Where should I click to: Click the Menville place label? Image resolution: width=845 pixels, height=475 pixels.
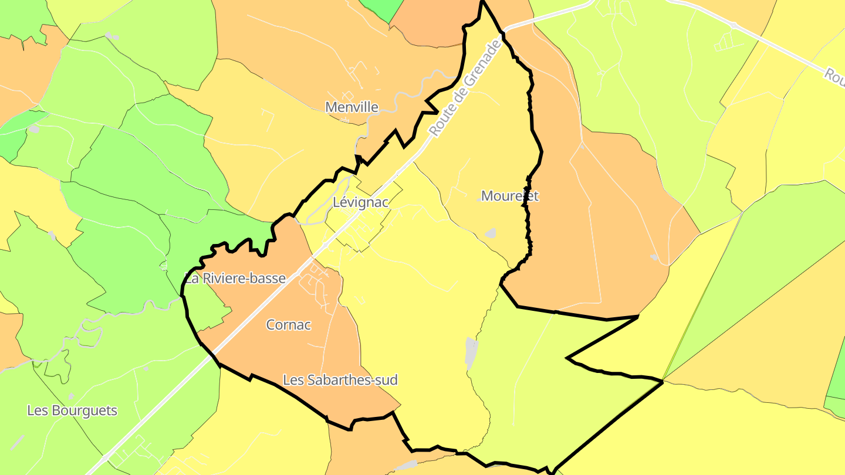point(351,107)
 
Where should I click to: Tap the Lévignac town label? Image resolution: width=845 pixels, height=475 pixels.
point(360,202)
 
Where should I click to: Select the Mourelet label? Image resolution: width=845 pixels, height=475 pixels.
point(509,196)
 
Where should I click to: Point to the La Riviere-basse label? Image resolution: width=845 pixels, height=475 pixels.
point(235,279)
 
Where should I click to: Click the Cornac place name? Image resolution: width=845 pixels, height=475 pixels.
point(288,325)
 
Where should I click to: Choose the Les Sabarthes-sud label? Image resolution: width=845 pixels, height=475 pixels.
point(340,380)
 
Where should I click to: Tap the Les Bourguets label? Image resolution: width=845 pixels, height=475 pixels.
point(72,410)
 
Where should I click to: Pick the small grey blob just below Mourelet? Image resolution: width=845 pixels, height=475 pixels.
point(491,233)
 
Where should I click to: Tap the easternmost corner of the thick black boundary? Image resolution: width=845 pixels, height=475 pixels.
point(662,382)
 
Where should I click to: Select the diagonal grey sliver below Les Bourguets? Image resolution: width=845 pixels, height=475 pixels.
point(18,442)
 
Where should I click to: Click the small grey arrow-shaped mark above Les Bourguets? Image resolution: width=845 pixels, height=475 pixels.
point(72,396)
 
